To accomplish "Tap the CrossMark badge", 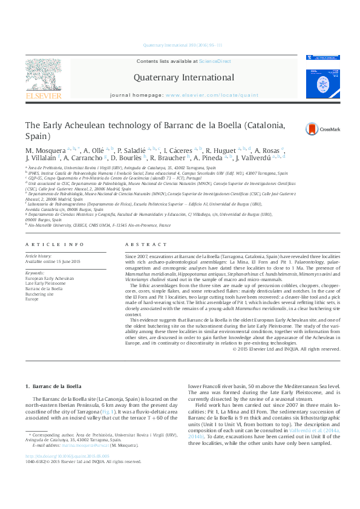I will click(322, 128).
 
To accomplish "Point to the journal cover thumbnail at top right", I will click(322, 77).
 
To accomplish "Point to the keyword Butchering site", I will click(40, 293).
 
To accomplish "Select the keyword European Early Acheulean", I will click(50, 279).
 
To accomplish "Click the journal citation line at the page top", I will click(182, 45).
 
